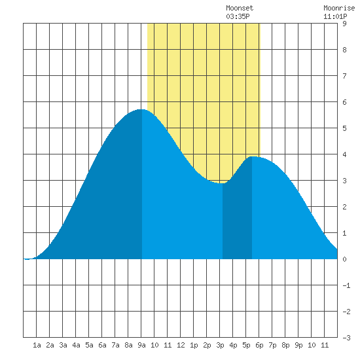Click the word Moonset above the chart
tap(240, 8)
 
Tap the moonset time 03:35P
tap(238, 16)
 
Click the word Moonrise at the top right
tap(339, 8)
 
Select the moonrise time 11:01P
tap(335, 16)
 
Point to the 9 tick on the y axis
tap(344, 24)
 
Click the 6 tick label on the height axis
tap(344, 102)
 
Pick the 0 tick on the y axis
tap(344, 259)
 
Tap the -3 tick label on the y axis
tap(346, 338)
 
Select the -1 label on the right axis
tap(346, 285)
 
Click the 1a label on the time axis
tap(37, 345)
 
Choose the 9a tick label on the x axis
tap(141, 345)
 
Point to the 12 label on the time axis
tap(181, 345)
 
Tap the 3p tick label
tap(220, 345)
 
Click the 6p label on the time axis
tap(259, 345)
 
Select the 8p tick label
tap(285, 345)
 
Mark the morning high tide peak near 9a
tap(142, 109)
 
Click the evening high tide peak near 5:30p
tap(252, 157)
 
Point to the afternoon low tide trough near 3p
tap(223, 183)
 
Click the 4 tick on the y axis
tap(344, 154)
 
